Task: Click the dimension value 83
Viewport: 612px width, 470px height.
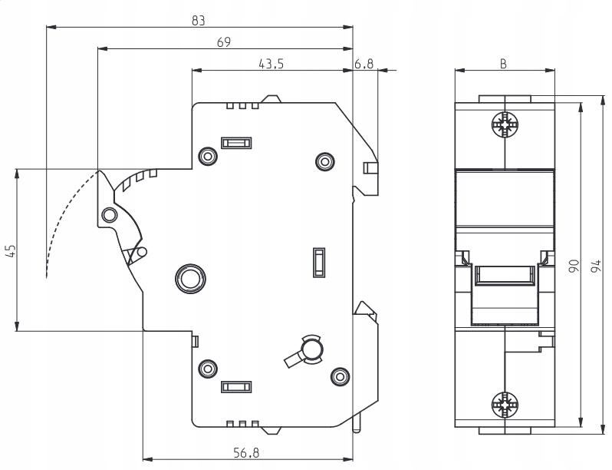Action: click(x=199, y=20)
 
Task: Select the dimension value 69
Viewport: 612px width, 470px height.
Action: click(x=224, y=41)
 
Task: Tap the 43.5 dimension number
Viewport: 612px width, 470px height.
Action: click(x=271, y=63)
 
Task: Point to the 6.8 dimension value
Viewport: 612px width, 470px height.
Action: click(x=364, y=63)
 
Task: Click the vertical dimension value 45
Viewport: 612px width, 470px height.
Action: click(x=11, y=251)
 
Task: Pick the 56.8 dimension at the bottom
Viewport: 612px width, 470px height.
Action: click(x=246, y=453)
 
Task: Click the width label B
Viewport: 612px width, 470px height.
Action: click(x=504, y=64)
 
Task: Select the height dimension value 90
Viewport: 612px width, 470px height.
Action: click(x=574, y=266)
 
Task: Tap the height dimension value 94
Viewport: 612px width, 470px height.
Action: click(x=596, y=266)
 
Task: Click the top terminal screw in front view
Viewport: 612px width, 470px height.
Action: click(x=505, y=125)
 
